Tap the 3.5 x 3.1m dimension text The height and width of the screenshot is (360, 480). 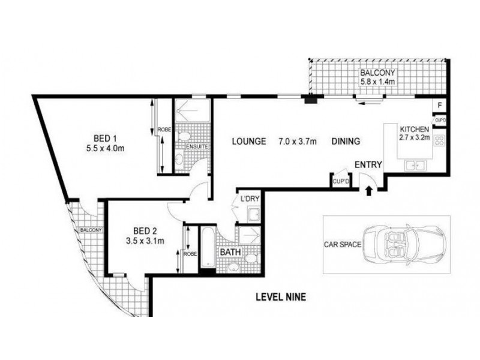point(145,241)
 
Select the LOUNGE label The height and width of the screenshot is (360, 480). point(248,142)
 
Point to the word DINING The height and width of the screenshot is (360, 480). point(346,142)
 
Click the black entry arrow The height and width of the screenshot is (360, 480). point(369,190)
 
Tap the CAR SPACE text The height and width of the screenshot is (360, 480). point(343,245)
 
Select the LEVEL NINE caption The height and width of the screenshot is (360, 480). point(281,297)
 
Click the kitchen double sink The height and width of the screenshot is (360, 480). point(415,166)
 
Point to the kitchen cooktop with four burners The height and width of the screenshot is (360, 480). point(439,140)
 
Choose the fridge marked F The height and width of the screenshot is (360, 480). point(440,106)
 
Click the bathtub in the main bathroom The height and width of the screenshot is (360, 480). point(208,247)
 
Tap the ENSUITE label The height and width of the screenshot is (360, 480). point(197,146)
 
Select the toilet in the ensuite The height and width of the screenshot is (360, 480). point(184,136)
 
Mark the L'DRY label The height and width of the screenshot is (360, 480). point(250,199)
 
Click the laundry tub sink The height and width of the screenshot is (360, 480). point(253,214)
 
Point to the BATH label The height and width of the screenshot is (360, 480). point(230,253)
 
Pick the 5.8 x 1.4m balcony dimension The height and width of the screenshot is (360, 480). point(377,82)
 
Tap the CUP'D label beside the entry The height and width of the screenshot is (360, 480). point(341,182)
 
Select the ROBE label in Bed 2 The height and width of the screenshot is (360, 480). point(190,254)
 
